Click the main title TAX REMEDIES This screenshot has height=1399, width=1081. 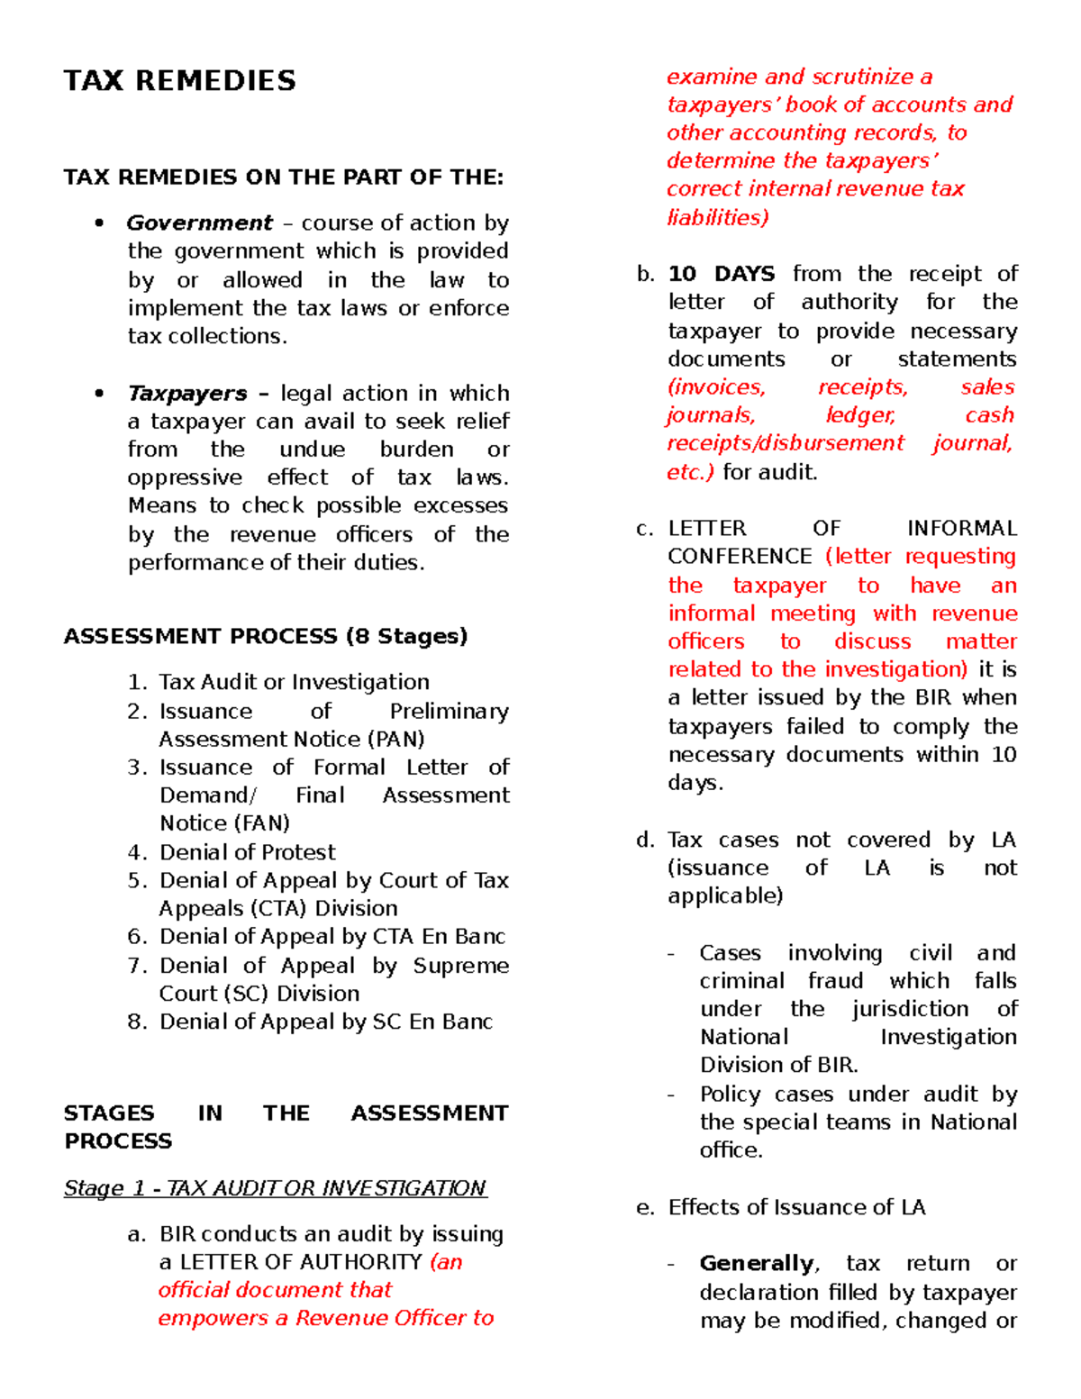(179, 81)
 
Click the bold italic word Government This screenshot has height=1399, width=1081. (199, 223)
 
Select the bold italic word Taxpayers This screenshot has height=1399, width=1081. (187, 394)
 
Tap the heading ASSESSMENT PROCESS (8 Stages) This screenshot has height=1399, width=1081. (266, 636)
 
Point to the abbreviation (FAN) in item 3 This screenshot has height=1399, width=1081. (262, 823)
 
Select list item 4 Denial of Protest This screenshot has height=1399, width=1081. (247, 852)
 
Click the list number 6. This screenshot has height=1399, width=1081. (137, 937)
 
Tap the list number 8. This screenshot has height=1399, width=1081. (137, 1022)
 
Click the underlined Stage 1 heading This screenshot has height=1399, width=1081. (275, 1188)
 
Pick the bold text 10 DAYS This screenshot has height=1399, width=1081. (721, 274)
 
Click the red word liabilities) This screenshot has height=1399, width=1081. (717, 217)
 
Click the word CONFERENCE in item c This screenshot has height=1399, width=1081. (740, 557)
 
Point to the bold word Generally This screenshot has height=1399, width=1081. (757, 1264)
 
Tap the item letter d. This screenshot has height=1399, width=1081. (644, 840)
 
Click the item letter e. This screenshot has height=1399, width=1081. (644, 1208)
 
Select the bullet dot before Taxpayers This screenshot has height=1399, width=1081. (99, 394)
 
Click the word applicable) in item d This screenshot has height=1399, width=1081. (725, 896)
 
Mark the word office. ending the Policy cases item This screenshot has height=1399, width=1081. (731, 1150)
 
